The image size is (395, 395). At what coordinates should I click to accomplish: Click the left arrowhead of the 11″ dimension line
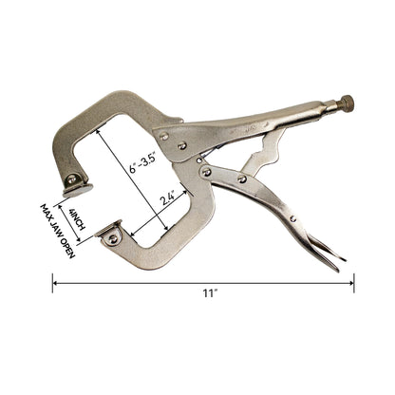55,282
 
